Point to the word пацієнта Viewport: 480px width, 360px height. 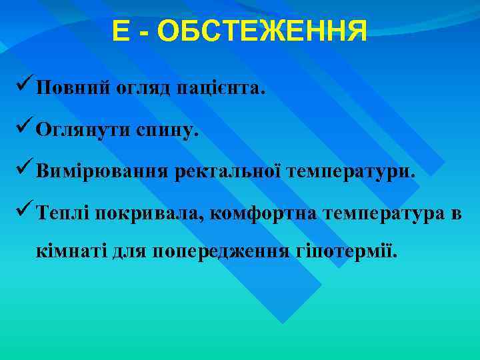tap(221, 89)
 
